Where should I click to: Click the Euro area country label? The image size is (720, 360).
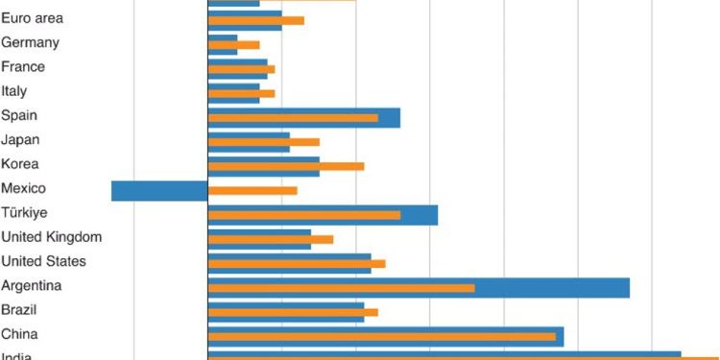34,18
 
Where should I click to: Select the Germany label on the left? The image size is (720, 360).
31,42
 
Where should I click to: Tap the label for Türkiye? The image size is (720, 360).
25,212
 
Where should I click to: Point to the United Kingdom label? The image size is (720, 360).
52,237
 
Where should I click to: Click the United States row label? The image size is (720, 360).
44,261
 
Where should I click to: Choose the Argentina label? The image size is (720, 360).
32,286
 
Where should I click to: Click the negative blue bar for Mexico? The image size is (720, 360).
159,190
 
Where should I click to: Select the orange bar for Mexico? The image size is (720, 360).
252,190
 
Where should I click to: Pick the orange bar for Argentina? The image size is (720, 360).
341,288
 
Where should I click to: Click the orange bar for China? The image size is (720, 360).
382,336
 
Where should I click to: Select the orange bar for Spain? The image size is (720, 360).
293,118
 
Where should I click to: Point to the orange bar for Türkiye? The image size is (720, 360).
303,215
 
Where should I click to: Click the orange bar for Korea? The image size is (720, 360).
286,166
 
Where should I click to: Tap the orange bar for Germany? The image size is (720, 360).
233,45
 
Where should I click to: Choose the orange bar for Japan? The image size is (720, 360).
263,142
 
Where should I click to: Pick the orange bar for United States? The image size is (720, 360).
297,263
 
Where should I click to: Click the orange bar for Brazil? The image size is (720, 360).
293,312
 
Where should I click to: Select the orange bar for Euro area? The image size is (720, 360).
255,20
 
